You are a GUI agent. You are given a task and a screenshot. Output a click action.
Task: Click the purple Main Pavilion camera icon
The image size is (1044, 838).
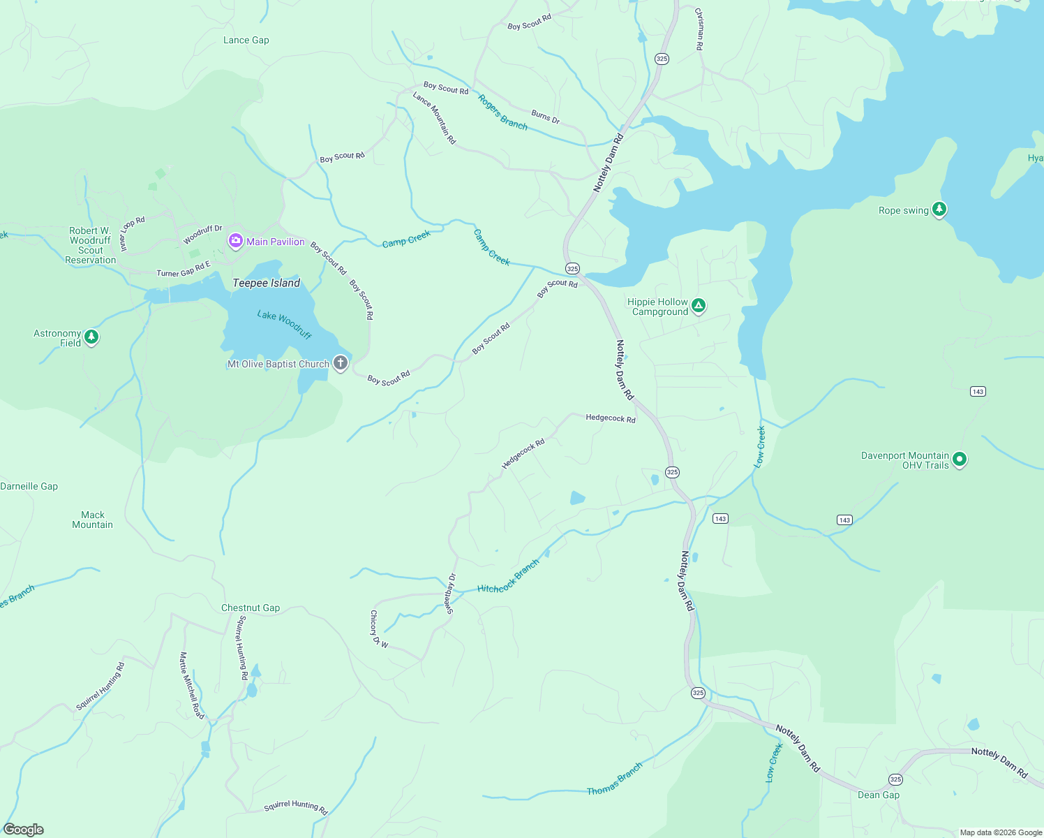coord(236,242)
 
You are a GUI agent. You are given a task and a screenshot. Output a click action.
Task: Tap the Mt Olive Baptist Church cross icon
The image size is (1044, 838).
coord(340,363)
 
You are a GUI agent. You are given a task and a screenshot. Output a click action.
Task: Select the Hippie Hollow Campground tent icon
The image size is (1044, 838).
coord(698,306)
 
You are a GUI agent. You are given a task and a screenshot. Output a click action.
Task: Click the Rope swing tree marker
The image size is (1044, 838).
coord(939,209)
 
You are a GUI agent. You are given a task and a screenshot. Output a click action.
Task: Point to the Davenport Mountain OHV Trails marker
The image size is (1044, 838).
coord(960,460)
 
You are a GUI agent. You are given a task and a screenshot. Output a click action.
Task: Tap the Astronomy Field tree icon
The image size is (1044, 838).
coord(91,338)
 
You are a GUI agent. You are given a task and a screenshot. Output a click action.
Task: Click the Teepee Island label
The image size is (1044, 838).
coord(266,283)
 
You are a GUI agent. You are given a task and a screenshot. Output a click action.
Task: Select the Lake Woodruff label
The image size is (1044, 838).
coord(284,325)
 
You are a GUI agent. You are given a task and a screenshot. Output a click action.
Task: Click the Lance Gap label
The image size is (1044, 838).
coord(246,41)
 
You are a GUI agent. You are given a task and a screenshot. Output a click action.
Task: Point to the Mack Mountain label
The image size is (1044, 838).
coord(92,520)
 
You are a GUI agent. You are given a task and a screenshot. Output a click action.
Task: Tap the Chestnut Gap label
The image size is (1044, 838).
coord(251,608)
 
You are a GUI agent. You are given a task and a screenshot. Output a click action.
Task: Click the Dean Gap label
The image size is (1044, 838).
coord(878,795)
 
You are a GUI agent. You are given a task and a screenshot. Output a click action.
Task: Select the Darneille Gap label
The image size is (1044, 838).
coord(29,486)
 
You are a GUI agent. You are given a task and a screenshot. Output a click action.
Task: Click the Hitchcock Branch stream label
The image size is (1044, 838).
coord(508,577)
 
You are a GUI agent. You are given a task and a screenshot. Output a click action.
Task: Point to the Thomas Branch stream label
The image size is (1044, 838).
coord(614,779)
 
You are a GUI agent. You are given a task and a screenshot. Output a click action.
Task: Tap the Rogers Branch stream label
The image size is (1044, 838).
coord(502,112)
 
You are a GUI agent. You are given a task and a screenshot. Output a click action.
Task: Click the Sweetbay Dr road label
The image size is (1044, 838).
coord(450,594)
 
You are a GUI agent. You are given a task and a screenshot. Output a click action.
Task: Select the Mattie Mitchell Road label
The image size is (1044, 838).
coord(191,685)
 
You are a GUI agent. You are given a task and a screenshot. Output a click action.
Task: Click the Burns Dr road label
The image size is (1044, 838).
coord(545,117)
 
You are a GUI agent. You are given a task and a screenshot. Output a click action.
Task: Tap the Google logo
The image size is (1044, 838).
coord(24,829)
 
